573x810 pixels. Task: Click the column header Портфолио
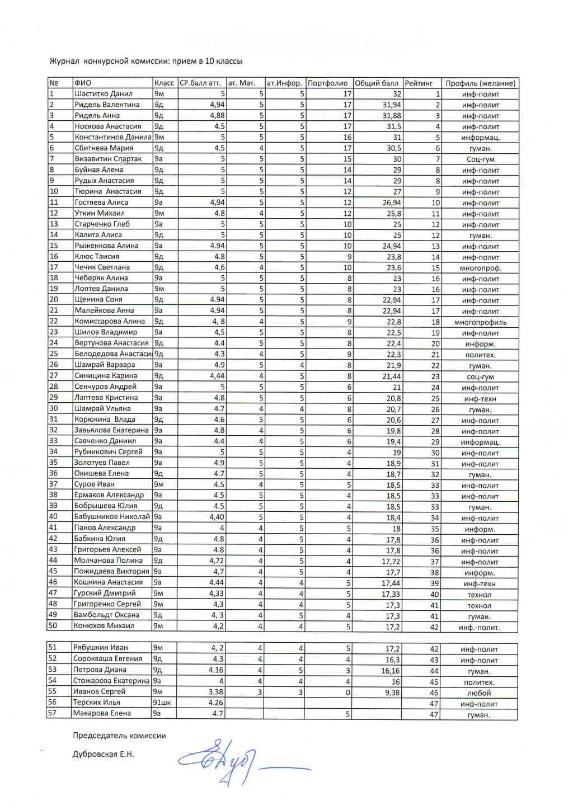click(x=328, y=83)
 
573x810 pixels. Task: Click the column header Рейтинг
click(x=419, y=83)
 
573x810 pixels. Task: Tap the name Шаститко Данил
click(x=104, y=94)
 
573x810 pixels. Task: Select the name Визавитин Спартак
click(x=108, y=159)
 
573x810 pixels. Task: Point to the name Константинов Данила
click(x=112, y=137)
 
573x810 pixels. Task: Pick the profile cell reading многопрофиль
click(x=480, y=322)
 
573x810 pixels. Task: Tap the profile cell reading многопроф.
click(x=480, y=268)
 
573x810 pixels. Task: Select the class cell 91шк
click(x=162, y=703)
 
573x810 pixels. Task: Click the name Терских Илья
click(x=97, y=703)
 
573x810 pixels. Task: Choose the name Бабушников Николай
click(x=112, y=517)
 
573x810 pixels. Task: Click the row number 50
click(x=53, y=626)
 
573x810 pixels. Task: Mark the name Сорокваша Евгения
click(x=108, y=659)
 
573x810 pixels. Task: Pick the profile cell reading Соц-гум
click(x=480, y=159)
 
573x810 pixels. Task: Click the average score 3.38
click(x=215, y=692)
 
